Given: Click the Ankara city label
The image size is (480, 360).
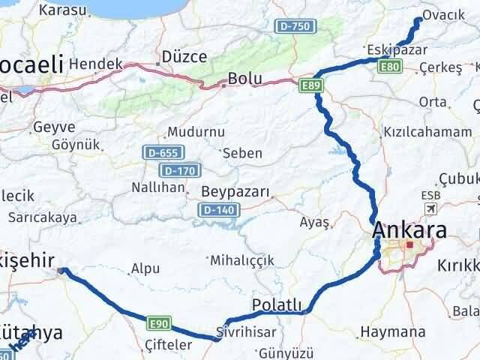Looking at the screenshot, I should (411, 231).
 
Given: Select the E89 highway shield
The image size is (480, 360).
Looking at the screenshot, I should (312, 86).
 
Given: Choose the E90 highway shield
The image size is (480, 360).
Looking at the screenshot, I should (157, 323).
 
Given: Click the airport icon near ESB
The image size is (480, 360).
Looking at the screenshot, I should (431, 208).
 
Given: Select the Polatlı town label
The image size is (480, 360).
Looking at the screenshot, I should (277, 304).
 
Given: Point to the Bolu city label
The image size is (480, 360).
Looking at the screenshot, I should (244, 77).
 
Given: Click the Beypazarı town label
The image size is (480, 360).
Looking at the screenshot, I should (235, 193).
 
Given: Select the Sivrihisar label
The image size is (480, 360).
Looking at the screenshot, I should (246, 331).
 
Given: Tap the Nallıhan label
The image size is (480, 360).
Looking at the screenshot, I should (157, 187).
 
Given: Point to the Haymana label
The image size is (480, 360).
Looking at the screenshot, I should (394, 331).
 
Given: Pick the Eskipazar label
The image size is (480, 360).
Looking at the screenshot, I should (397, 50).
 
